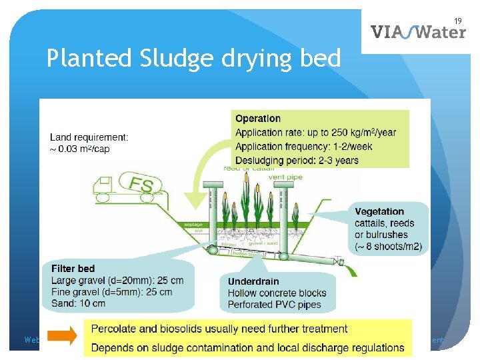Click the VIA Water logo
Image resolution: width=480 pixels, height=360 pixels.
[418, 32]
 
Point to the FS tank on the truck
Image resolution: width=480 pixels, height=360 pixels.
[142, 184]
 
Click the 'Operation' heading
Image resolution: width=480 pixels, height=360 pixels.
[258, 119]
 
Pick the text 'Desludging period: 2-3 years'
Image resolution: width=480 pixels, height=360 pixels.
[297, 160]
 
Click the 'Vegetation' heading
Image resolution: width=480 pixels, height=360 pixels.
[379, 211]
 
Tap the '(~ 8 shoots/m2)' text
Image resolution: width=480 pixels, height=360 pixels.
[388, 247]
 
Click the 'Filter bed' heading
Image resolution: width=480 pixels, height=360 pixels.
[73, 269]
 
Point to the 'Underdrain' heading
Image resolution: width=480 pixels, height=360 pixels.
[253, 281]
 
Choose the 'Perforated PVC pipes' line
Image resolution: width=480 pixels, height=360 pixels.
[274, 305]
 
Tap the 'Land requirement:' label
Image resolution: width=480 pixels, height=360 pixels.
[89, 137]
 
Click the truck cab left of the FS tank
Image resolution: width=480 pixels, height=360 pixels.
[107, 189]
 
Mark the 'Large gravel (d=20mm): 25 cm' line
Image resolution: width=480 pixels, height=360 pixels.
[117, 280]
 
